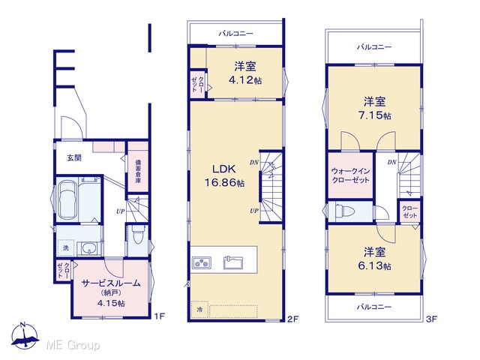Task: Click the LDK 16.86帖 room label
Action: point(224,175)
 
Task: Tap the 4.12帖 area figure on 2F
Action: point(245,80)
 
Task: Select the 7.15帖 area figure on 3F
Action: point(374,115)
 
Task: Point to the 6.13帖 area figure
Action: point(374,265)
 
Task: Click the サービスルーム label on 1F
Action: point(111,283)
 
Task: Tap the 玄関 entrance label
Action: point(74,158)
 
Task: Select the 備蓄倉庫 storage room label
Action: point(138,171)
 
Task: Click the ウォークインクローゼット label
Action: point(351,175)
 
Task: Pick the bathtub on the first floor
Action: point(67,200)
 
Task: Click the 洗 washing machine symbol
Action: point(66,247)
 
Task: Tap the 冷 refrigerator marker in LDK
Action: point(199,310)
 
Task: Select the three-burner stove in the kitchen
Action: point(202,263)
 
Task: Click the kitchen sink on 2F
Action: point(233,262)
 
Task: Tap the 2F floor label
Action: point(292,319)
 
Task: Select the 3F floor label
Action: point(432,319)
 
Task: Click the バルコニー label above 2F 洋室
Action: point(235,33)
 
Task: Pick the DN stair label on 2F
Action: point(253,162)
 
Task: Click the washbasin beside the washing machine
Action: point(89,248)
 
